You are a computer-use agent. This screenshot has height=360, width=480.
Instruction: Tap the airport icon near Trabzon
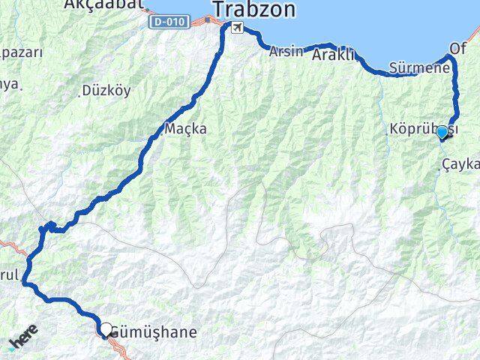click(x=238, y=28)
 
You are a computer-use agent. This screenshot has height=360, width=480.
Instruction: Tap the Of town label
click(x=457, y=48)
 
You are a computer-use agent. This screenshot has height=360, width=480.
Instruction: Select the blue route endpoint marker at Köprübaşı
click(x=442, y=133)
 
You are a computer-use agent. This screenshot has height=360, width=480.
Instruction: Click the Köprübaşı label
click(x=415, y=129)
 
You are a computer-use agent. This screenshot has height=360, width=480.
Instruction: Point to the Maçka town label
click(x=185, y=128)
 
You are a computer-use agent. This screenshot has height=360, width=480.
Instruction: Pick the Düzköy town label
click(x=108, y=90)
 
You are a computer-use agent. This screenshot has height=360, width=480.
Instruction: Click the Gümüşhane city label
click(x=154, y=331)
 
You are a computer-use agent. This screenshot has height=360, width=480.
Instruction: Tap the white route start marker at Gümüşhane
click(x=106, y=328)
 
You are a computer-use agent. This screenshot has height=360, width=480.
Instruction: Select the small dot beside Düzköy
click(x=81, y=94)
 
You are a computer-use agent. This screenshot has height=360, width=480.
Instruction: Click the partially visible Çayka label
click(x=460, y=163)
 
